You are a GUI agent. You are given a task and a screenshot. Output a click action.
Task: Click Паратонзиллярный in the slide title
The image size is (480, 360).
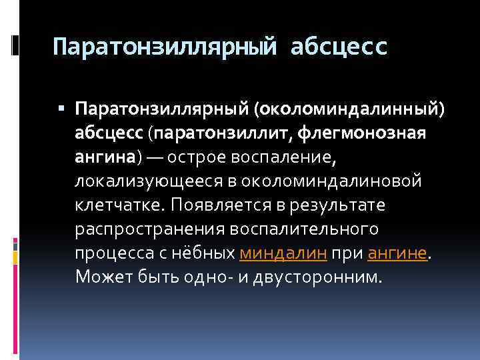(164, 47)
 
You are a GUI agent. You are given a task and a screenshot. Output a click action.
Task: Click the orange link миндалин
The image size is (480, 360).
(282, 253)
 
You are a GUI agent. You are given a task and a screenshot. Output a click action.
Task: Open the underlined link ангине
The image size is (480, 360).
(396, 253)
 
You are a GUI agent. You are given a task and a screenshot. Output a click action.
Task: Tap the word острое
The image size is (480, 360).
(197, 156)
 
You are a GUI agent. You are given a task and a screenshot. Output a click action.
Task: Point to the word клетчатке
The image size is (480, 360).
(119, 205)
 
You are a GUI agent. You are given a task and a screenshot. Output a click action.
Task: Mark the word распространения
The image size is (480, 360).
(149, 229)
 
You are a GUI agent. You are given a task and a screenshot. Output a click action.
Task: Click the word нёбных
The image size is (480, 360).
(203, 253)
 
